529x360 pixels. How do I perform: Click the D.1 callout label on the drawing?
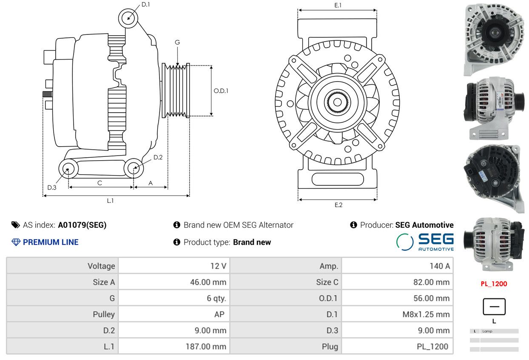point(145,5)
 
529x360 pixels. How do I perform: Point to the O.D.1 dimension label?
point(221,91)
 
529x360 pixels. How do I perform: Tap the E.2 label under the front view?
point(338,205)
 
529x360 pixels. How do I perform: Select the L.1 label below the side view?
point(110,201)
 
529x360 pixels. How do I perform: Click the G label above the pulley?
point(177,42)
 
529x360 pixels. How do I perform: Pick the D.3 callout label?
point(52,187)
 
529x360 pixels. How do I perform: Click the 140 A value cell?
point(397,266)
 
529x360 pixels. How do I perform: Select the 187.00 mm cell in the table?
point(174,346)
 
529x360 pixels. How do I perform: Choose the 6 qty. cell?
point(174,298)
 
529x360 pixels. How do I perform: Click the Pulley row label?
point(104,314)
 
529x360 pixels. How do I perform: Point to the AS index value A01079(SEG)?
point(82,225)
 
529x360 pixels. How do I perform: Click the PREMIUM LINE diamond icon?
point(16,242)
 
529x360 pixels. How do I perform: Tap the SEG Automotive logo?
point(425,242)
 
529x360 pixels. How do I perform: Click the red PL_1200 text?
point(494,284)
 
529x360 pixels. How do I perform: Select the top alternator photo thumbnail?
point(494,40)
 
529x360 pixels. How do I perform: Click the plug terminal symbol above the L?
point(494,306)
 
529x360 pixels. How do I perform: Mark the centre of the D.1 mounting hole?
point(128,18)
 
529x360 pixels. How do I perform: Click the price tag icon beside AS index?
point(16,225)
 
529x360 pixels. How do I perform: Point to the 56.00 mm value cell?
point(397,298)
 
